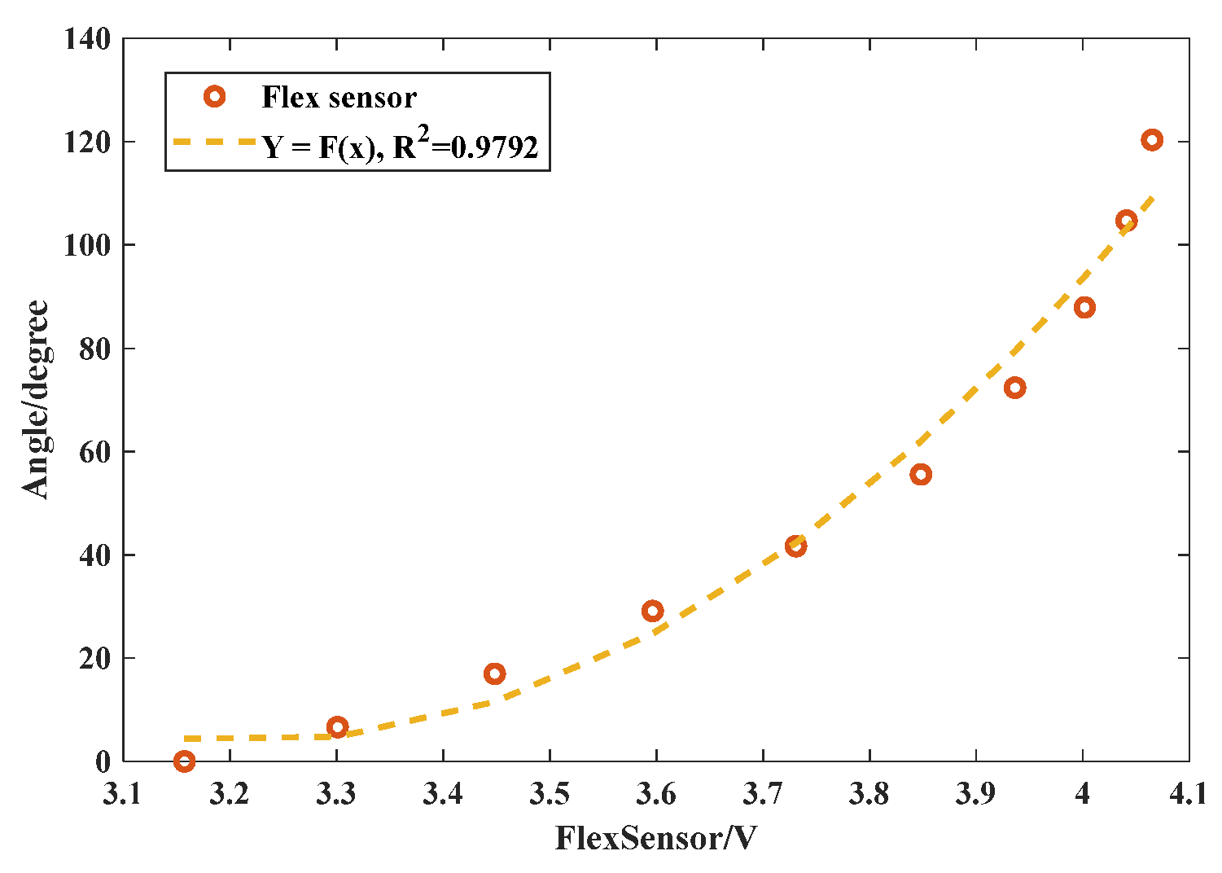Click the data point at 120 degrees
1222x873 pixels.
(1151, 140)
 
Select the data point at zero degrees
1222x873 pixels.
(184, 761)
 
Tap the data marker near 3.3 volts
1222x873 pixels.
(337, 726)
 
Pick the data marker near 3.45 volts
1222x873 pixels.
(494, 673)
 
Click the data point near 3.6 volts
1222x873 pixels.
(652, 611)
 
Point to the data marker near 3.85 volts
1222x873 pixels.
(921, 475)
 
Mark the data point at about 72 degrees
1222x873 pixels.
(1014, 388)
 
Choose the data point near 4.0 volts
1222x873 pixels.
(1084, 307)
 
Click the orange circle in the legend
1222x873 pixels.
(214, 97)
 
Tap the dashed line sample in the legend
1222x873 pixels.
(214, 143)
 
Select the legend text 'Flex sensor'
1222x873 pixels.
(339, 98)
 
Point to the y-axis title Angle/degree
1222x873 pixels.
(36, 399)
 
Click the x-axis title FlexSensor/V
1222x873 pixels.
(655, 839)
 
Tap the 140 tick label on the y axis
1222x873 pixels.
(88, 38)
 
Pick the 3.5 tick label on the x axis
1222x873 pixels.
(550, 794)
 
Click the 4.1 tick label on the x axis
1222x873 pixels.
(1188, 794)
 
